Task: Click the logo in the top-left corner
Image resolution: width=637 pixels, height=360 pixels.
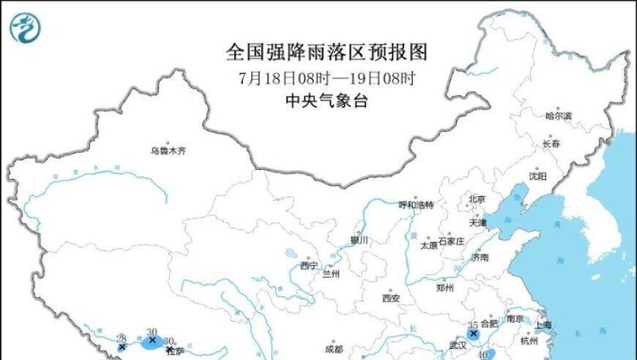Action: click(25, 27)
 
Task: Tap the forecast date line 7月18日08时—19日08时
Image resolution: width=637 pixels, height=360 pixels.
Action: click(326, 78)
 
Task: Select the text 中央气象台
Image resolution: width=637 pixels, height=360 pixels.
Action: click(326, 101)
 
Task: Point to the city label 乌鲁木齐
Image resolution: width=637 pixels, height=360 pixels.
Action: click(168, 151)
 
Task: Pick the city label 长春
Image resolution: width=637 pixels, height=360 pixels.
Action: click(551, 144)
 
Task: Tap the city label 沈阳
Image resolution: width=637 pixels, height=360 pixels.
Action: click(537, 176)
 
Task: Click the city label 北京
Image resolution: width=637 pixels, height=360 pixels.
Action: click(477, 198)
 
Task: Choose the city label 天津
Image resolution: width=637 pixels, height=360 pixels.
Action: click(477, 222)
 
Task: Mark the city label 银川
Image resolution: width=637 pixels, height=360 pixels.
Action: click(359, 239)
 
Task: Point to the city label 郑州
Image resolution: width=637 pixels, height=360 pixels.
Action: click(444, 288)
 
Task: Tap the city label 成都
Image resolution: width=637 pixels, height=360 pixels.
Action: click(334, 349)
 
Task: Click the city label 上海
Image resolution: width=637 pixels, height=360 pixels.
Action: click(543, 325)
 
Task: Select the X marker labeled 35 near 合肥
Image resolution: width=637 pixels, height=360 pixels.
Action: click(474, 334)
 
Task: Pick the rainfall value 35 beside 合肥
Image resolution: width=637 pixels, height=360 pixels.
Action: click(473, 324)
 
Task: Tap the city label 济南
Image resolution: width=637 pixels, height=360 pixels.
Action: click(480, 258)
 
